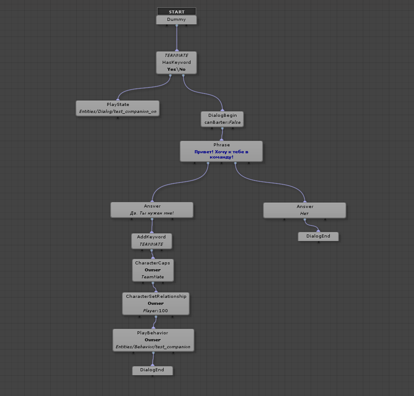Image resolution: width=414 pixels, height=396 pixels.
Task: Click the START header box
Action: [x=176, y=12]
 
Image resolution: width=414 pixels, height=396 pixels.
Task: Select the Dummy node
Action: [x=176, y=20]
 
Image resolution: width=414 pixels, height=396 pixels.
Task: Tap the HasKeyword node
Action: [x=176, y=63]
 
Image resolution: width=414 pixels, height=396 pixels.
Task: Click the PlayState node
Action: [x=118, y=108]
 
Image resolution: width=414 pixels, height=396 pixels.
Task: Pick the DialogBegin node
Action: [x=222, y=119]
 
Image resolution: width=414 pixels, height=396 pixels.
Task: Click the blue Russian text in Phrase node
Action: [x=221, y=154]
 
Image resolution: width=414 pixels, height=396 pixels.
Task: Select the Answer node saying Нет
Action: [x=304, y=210]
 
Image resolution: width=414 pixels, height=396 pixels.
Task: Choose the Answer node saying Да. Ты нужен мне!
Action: [x=152, y=209]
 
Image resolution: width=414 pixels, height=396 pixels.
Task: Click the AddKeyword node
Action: [x=151, y=241]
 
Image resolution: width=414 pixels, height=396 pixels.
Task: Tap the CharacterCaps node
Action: [x=153, y=270]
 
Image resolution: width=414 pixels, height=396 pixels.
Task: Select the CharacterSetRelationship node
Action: [x=156, y=303]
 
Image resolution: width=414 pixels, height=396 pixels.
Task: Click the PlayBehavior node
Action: [x=153, y=340]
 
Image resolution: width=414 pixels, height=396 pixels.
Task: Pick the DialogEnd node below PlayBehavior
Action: [x=152, y=370]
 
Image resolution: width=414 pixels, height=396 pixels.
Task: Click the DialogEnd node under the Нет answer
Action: [x=318, y=236]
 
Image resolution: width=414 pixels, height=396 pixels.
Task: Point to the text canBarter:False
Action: [x=222, y=123]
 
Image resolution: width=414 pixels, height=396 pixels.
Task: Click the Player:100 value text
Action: [x=155, y=311]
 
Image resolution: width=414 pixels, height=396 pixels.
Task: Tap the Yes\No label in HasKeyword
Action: [x=176, y=69]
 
